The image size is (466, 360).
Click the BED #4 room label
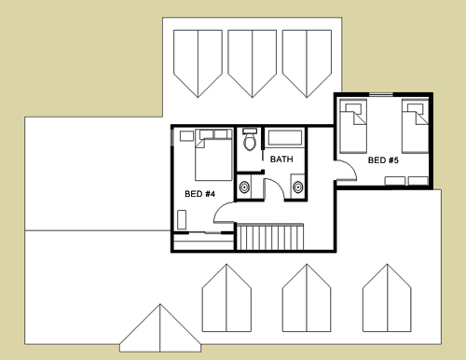point(199,194)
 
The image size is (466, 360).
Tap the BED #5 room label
point(383,160)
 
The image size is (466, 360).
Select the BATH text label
point(281,159)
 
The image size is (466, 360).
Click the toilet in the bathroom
point(250,140)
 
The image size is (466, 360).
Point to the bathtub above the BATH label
point(285,138)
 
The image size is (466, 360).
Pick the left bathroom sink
point(245,187)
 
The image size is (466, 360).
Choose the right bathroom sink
point(297,187)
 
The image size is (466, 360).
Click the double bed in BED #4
point(213,155)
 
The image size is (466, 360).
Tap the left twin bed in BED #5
point(353,126)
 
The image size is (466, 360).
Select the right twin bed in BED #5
point(416,126)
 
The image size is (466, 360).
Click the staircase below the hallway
point(270,237)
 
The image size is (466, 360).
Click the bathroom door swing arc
point(278,184)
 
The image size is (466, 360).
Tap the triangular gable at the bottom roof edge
point(160,328)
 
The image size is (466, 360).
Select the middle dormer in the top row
point(253,63)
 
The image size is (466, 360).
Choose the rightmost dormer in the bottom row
point(387,298)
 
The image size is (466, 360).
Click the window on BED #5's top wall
point(381,94)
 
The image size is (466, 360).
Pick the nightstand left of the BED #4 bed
point(186,136)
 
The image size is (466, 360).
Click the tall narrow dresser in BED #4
point(182,220)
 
